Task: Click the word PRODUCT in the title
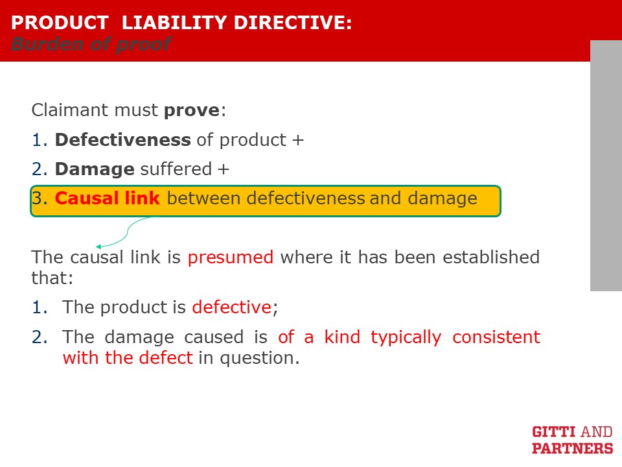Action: (x=60, y=23)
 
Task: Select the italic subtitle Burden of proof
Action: (x=91, y=44)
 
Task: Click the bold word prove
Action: (x=192, y=110)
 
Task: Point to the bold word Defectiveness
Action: (x=123, y=140)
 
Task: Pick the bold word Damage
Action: (x=95, y=169)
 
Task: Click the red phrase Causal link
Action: (x=107, y=198)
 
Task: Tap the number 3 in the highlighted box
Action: (x=37, y=198)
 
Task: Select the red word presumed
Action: (x=231, y=257)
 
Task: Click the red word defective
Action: (x=232, y=307)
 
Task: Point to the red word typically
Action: (x=406, y=338)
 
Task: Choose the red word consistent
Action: (x=496, y=337)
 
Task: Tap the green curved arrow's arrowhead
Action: (x=98, y=246)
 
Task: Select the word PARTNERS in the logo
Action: (x=572, y=448)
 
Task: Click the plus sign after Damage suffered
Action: (x=224, y=169)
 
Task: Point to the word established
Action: (x=491, y=257)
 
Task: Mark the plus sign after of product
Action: (x=298, y=140)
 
